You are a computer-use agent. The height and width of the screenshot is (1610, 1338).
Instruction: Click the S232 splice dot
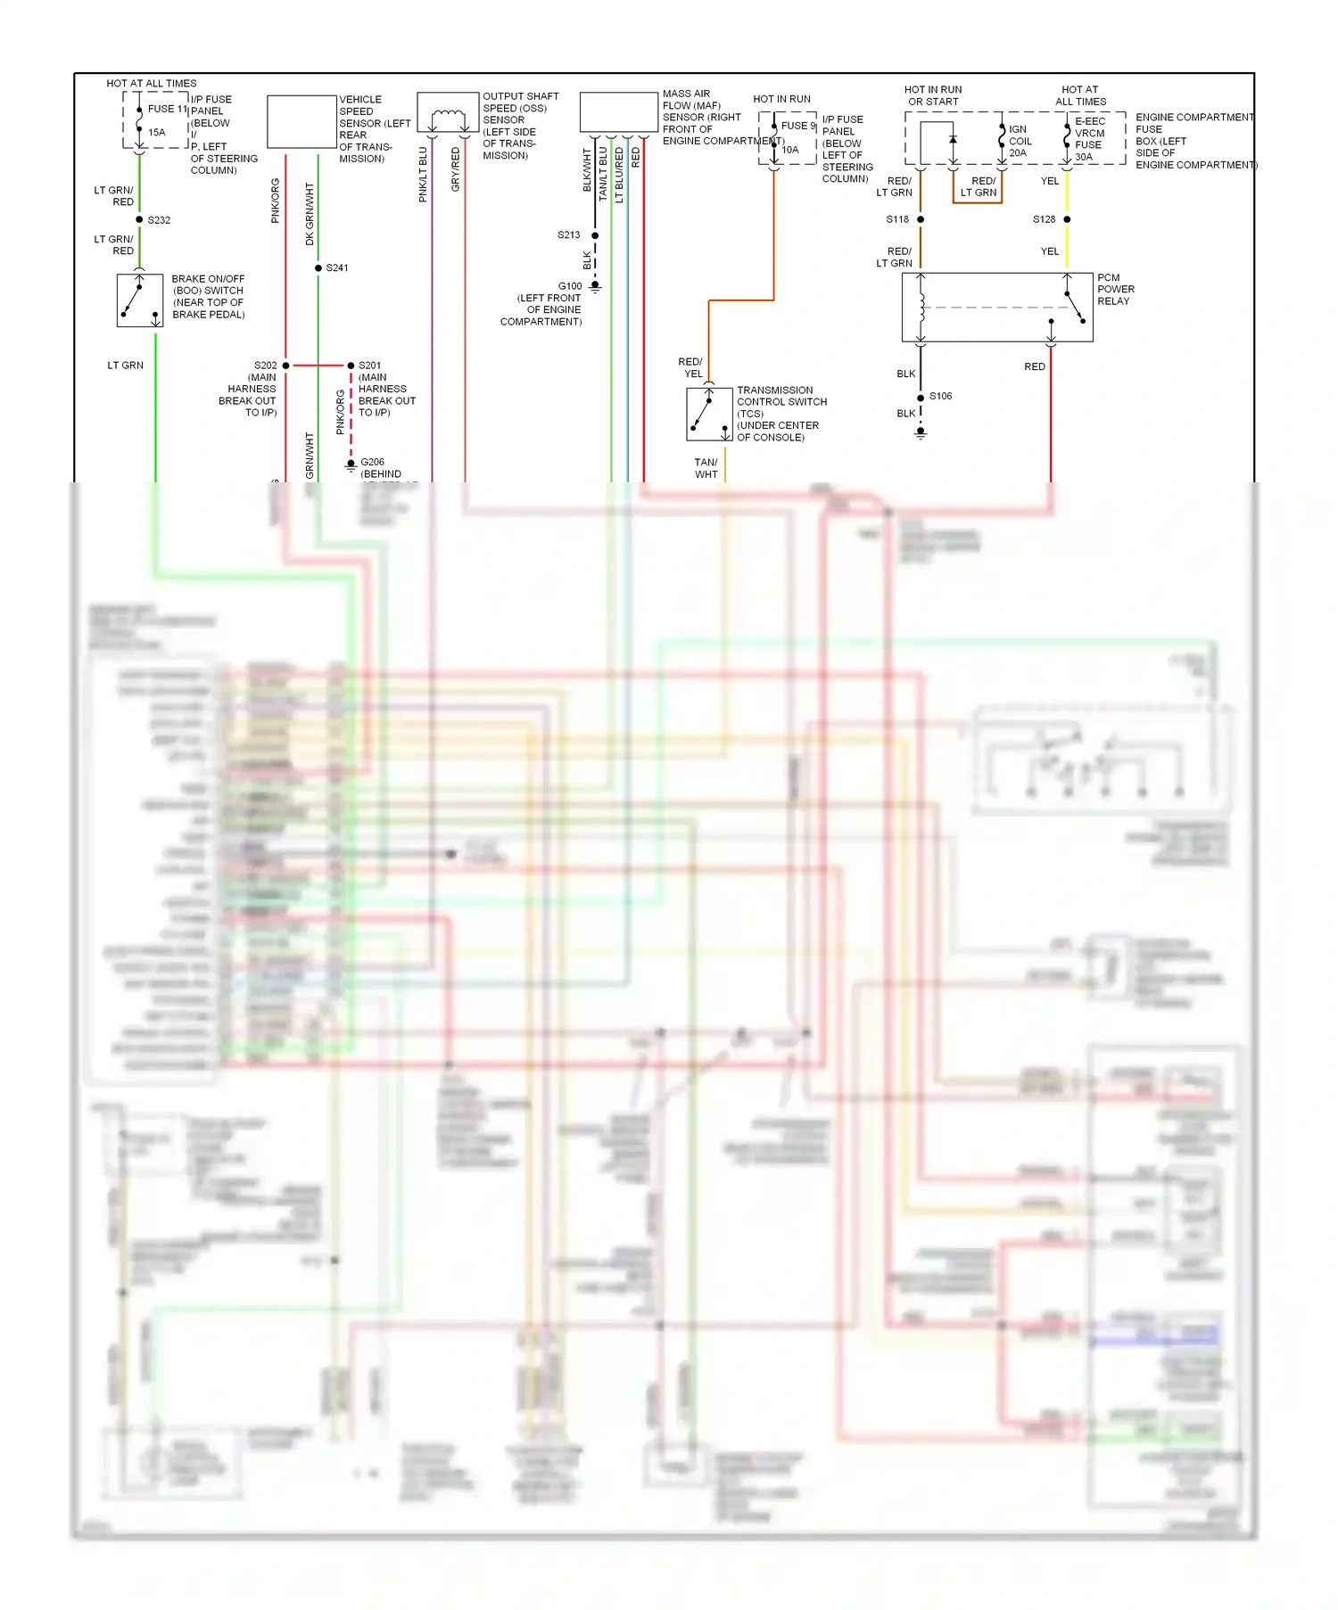click(x=139, y=219)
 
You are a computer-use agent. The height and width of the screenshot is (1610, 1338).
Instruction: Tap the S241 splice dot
click(x=318, y=267)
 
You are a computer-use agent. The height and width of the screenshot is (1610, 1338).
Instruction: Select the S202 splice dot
click(x=285, y=366)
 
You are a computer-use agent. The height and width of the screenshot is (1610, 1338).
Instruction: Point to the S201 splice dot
click(x=351, y=366)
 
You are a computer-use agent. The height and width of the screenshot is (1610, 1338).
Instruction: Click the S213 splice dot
click(x=595, y=235)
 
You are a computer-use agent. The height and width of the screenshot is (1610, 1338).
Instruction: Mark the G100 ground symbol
click(x=595, y=286)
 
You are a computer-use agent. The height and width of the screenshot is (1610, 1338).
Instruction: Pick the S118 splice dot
click(x=921, y=219)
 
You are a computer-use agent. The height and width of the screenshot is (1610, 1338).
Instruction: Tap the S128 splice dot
click(x=1067, y=219)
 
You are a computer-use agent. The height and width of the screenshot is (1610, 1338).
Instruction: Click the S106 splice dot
click(x=921, y=398)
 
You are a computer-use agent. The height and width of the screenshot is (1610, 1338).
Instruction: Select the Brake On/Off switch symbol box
click(x=140, y=300)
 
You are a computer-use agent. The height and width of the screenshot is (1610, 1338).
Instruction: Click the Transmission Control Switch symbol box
click(x=709, y=414)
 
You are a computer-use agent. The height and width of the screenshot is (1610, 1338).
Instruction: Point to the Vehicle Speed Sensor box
click(x=301, y=122)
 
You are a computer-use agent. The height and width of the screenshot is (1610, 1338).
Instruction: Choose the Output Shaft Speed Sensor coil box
click(x=448, y=112)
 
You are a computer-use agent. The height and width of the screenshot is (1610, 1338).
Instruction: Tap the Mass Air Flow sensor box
click(x=619, y=112)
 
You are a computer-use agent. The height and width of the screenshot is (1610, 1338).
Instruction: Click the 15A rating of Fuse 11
click(x=157, y=133)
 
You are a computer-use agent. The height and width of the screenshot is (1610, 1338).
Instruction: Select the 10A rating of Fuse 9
click(x=790, y=150)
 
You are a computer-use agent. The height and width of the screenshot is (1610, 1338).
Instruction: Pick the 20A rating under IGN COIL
click(x=1018, y=153)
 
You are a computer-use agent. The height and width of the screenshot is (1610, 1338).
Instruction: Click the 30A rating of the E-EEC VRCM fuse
click(x=1084, y=157)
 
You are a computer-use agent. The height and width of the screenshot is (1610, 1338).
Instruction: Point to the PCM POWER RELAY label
click(x=1115, y=290)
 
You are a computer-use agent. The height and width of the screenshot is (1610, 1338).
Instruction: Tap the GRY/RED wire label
click(x=456, y=169)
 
